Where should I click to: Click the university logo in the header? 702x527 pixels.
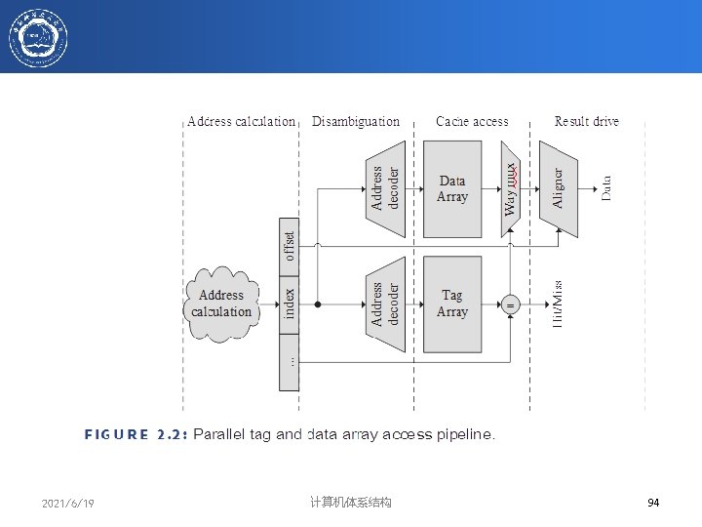(x=38, y=36)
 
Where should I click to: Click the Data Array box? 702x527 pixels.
(x=452, y=188)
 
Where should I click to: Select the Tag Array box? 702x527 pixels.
(x=452, y=304)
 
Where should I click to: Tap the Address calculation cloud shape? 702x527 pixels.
(x=221, y=304)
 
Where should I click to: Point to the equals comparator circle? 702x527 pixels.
(x=510, y=304)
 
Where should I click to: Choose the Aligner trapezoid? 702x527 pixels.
(x=558, y=188)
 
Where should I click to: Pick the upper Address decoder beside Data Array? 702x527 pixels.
(x=385, y=188)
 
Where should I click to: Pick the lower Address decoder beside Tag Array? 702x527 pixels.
(x=385, y=304)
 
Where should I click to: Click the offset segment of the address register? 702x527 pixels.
(x=290, y=247)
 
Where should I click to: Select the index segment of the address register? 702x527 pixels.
(x=290, y=304)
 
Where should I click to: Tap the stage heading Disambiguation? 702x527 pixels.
(x=356, y=122)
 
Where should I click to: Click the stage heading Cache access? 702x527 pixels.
(x=472, y=122)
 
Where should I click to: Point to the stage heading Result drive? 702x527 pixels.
(x=587, y=122)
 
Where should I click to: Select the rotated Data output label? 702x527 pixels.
(x=606, y=188)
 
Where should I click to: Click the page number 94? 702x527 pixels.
(x=653, y=503)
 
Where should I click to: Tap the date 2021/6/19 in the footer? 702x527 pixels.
(x=68, y=503)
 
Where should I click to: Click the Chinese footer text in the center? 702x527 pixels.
(x=350, y=503)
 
